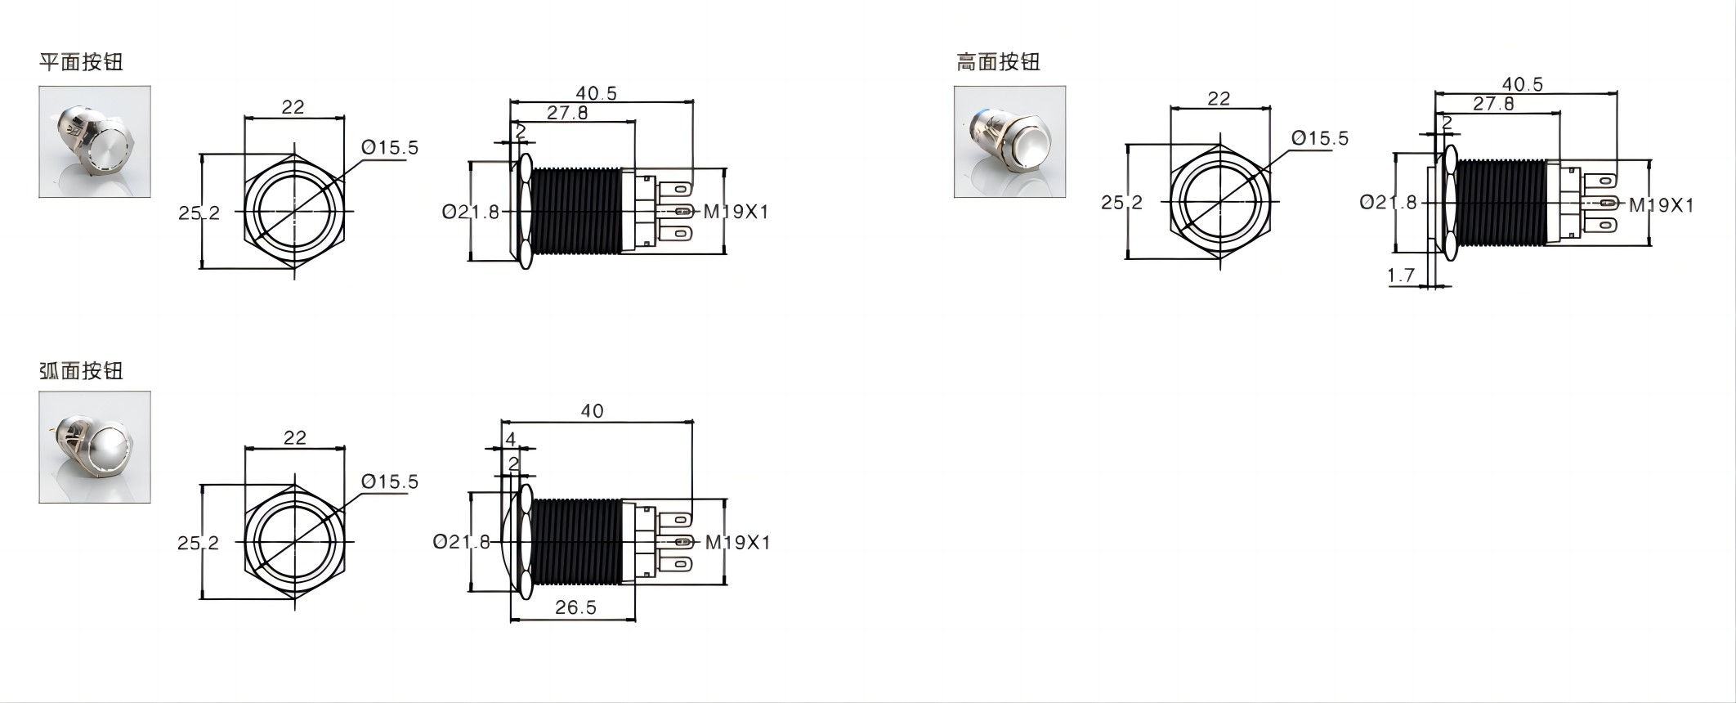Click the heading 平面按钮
coord(81,62)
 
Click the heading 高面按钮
coord(998,62)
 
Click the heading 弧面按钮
coord(81,370)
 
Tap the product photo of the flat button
coord(95,141)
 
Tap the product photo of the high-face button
coord(1009,141)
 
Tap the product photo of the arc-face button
coord(95,447)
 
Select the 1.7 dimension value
coord(1401,275)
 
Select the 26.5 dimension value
coord(575,607)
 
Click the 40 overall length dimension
coord(592,411)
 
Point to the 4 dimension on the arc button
coord(511,439)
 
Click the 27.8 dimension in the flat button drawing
coord(567,113)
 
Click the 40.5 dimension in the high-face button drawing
coord(1522,84)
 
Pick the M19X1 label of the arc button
coord(737,542)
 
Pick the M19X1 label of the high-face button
coord(1661,205)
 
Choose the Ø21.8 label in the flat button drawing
coord(470,213)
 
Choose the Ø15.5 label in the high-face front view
coord(1320,139)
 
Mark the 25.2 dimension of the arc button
coord(198,543)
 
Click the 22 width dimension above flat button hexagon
coord(293,107)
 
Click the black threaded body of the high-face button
coord(1501,203)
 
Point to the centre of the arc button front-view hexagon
coord(294,542)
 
